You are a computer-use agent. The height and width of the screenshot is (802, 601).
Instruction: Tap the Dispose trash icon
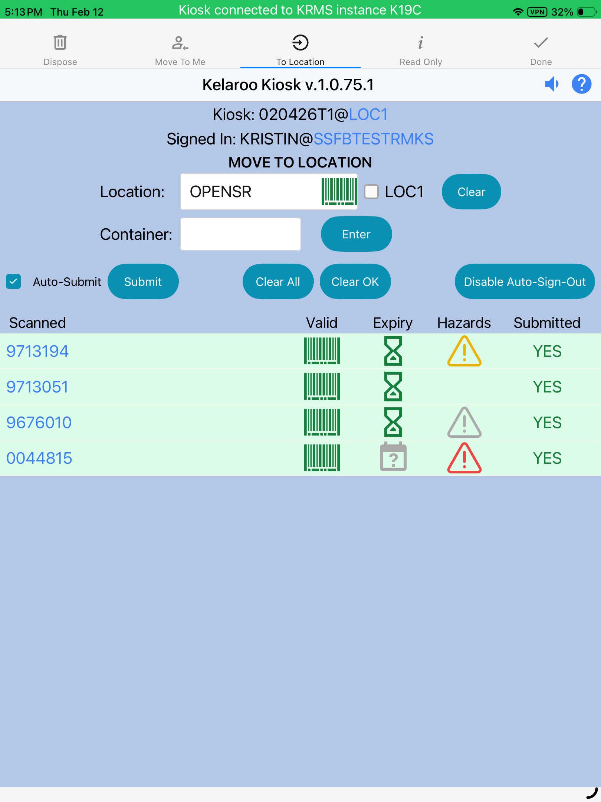point(60,43)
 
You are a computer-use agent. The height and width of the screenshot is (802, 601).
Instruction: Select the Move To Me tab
point(180,50)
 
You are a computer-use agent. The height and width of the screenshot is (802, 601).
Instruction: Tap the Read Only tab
point(421,50)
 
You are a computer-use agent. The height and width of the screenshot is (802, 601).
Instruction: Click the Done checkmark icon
point(541,43)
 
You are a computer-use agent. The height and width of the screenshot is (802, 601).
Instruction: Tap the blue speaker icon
point(552,84)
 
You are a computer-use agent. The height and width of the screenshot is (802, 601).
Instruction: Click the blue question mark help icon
point(581,84)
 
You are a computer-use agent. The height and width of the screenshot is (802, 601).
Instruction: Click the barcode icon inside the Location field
point(339,192)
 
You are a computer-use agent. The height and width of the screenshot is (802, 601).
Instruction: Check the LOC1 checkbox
point(371,192)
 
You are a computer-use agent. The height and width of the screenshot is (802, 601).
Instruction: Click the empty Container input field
point(240,234)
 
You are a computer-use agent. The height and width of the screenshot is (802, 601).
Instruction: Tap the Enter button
point(356,234)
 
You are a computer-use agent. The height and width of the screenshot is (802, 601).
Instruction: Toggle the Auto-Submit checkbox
point(13,282)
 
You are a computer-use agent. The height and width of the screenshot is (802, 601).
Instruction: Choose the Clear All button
point(278,282)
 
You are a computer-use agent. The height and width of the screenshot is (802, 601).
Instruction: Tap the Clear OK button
point(355,282)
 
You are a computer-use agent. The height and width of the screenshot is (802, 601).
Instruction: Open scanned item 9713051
point(37,387)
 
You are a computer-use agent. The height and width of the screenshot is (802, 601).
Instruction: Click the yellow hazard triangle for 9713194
point(464,352)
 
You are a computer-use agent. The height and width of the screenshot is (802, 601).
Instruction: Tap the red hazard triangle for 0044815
point(464,459)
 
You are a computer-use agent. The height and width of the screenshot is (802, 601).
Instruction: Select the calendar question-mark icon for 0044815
point(393,458)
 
